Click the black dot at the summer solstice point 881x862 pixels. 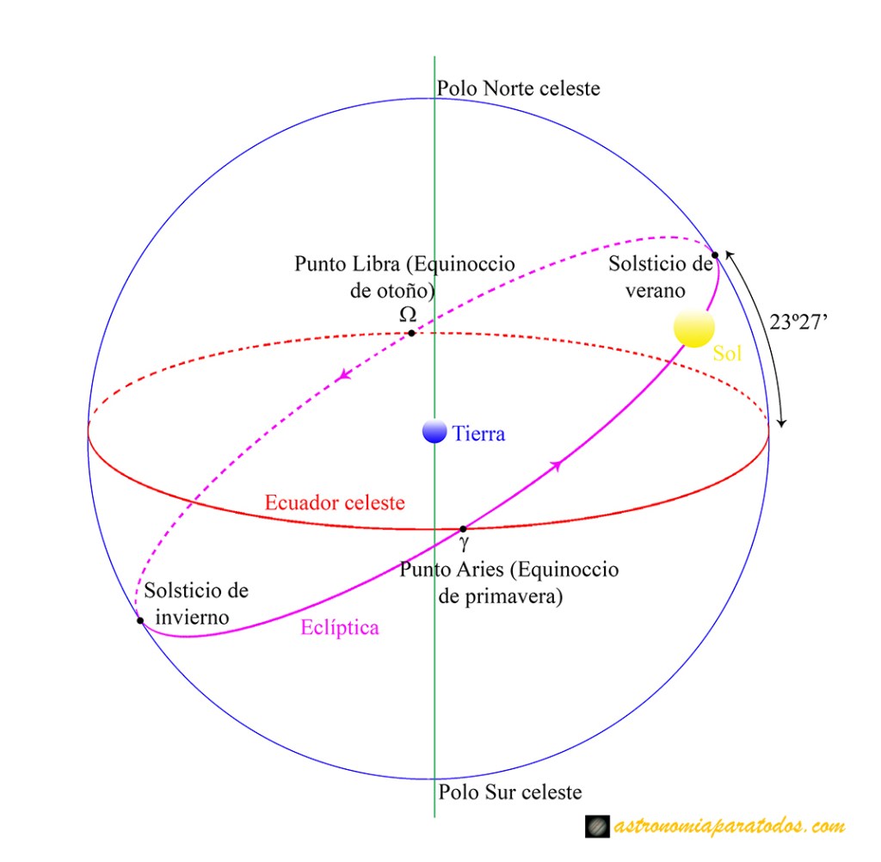click(x=715, y=256)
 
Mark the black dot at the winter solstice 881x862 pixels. click(x=140, y=620)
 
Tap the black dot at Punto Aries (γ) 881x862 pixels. click(x=463, y=529)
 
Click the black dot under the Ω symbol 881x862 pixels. click(x=412, y=333)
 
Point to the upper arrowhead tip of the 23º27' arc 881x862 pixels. click(x=726, y=251)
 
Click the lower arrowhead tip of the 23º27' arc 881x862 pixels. click(x=782, y=427)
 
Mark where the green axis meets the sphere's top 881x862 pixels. click(x=434, y=98)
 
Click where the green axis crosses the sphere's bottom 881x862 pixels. click(x=434, y=779)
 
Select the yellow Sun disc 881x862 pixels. click(x=694, y=327)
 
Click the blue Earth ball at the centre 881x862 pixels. click(x=434, y=432)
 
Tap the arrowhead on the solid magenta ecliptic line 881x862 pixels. click(x=557, y=465)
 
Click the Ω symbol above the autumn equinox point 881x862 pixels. click(x=408, y=313)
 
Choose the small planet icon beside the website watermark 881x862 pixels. click(x=597, y=827)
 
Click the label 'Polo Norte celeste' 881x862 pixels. click(x=519, y=89)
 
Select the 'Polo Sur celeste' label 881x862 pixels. click(x=510, y=791)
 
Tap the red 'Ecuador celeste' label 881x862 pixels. click(x=335, y=502)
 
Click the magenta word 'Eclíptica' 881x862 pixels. click(x=340, y=627)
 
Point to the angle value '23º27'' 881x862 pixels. click(x=798, y=322)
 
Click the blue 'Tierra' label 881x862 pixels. click(x=478, y=434)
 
